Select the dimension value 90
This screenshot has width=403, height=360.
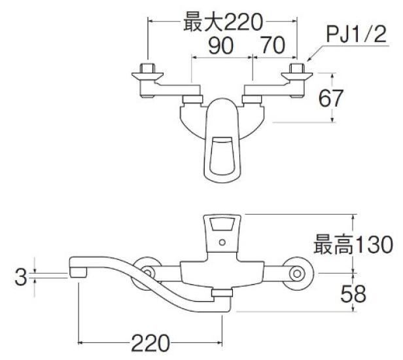(220, 46)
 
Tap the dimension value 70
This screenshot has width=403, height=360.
(274, 46)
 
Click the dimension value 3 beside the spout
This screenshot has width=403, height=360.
(22, 278)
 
